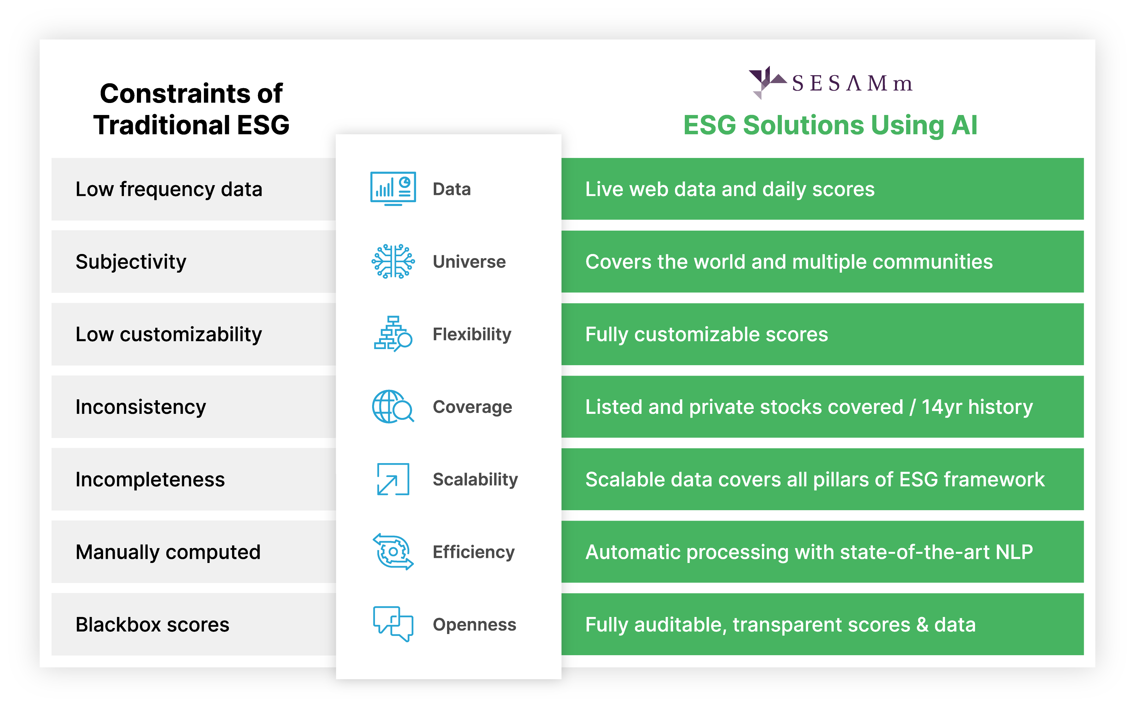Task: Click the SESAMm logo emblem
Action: coord(766,82)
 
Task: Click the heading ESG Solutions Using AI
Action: coord(830,125)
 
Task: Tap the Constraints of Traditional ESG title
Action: coord(191,109)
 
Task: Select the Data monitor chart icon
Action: coord(393,189)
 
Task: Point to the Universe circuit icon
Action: coord(393,261)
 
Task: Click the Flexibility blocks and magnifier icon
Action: coord(393,334)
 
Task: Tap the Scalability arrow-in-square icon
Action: coord(393,479)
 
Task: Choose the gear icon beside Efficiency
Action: coord(393,552)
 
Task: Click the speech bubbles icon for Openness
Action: coord(393,624)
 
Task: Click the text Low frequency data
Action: coord(169,189)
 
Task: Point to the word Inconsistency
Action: coord(141,407)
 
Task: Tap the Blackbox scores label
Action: coord(152,625)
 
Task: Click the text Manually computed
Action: coord(168,552)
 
